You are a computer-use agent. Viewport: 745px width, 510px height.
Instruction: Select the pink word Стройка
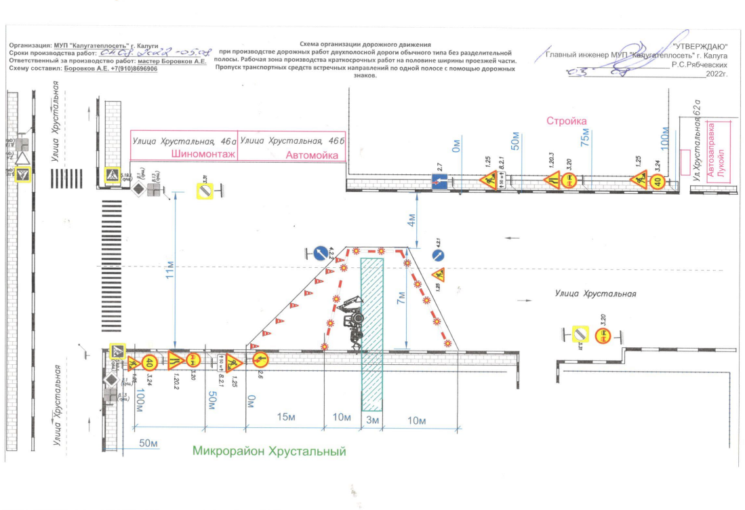pyautogui.click(x=567, y=121)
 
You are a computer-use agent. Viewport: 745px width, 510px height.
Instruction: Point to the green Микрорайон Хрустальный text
pyautogui.click(x=269, y=451)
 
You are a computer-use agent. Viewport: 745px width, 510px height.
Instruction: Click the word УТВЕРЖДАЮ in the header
pyautogui.click(x=700, y=45)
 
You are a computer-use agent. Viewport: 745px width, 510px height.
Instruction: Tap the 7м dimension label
pyautogui.click(x=402, y=298)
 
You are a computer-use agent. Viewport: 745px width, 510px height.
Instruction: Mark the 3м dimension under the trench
pyautogui.click(x=371, y=420)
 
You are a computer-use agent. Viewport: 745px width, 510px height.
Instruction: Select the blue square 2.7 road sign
pyautogui.click(x=439, y=182)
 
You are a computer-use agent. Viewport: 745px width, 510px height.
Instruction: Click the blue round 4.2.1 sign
pyautogui.click(x=437, y=256)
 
